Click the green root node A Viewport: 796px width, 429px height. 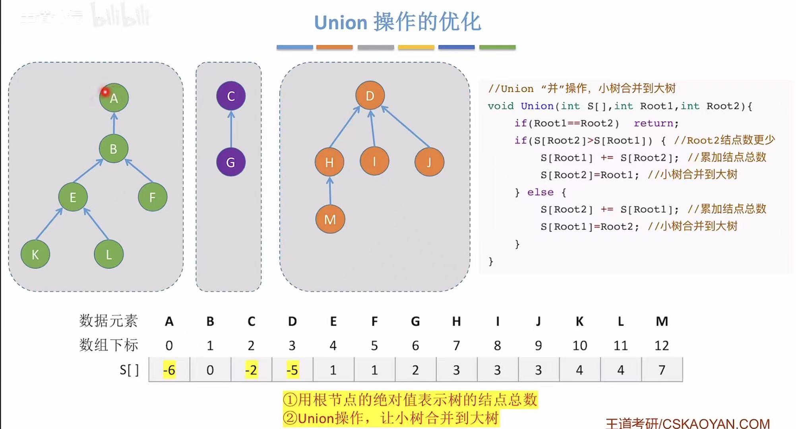click(x=114, y=98)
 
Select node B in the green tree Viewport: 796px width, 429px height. click(x=114, y=149)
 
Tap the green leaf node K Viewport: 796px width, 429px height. click(x=35, y=254)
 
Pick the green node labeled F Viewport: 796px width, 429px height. click(x=153, y=197)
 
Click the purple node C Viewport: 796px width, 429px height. click(x=231, y=96)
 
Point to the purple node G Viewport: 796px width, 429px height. click(x=231, y=162)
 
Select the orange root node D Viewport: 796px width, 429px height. click(x=370, y=96)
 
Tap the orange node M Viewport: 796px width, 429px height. click(x=330, y=219)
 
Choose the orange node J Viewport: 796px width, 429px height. click(x=429, y=162)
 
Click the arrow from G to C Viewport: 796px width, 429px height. click(x=231, y=129)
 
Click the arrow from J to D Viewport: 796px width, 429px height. click(x=405, y=126)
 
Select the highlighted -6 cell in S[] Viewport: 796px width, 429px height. click(x=169, y=370)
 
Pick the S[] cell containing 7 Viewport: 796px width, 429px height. click(x=662, y=370)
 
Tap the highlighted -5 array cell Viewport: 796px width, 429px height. click(x=292, y=370)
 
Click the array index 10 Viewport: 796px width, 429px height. click(x=580, y=346)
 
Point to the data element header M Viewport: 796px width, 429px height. click(x=662, y=321)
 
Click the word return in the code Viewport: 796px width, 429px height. click(x=653, y=123)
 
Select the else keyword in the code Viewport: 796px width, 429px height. click(x=540, y=192)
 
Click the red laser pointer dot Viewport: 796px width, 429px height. click(x=105, y=92)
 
